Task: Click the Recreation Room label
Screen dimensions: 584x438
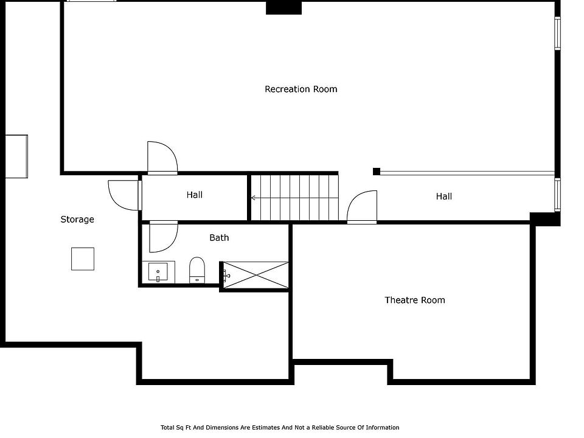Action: pyautogui.click(x=301, y=89)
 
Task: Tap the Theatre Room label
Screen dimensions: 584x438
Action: pyautogui.click(x=414, y=300)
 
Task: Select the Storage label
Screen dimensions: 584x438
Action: pyautogui.click(x=77, y=220)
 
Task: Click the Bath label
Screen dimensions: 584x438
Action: pyautogui.click(x=219, y=238)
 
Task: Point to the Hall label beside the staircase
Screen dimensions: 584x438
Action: pyautogui.click(x=195, y=195)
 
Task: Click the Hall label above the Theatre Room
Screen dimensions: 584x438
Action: pyautogui.click(x=444, y=196)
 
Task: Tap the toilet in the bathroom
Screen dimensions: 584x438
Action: pyautogui.click(x=197, y=270)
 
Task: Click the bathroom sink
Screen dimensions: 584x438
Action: pyautogui.click(x=158, y=272)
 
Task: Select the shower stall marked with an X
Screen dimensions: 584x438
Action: pyautogui.click(x=255, y=275)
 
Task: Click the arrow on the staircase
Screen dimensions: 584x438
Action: pyautogui.click(x=294, y=198)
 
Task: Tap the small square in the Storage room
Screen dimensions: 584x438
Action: pyautogui.click(x=83, y=259)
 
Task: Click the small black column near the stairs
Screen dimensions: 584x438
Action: pyautogui.click(x=377, y=172)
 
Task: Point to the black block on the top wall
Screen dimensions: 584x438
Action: pyautogui.click(x=283, y=8)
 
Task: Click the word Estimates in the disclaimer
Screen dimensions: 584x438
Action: pyautogui.click(x=266, y=428)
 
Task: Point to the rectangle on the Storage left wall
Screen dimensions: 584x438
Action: pyautogui.click(x=16, y=156)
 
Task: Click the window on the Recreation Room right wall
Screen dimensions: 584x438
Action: pyautogui.click(x=557, y=33)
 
